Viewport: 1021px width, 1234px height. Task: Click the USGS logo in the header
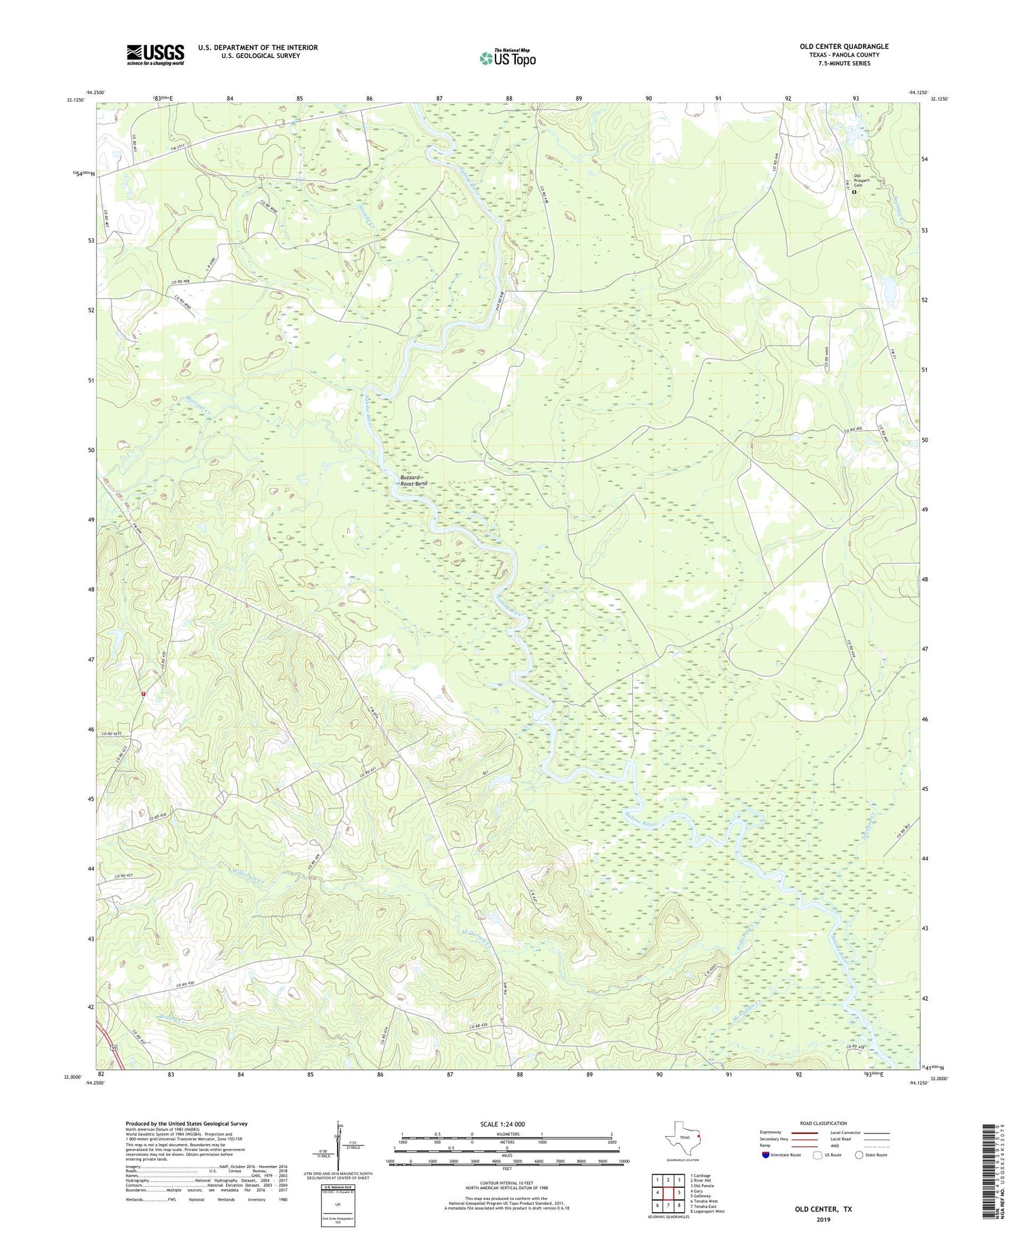click(x=155, y=54)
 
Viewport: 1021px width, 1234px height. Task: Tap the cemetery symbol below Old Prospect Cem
click(x=855, y=193)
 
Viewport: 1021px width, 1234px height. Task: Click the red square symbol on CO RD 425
click(x=144, y=694)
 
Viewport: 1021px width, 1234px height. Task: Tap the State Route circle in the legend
click(x=860, y=1155)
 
